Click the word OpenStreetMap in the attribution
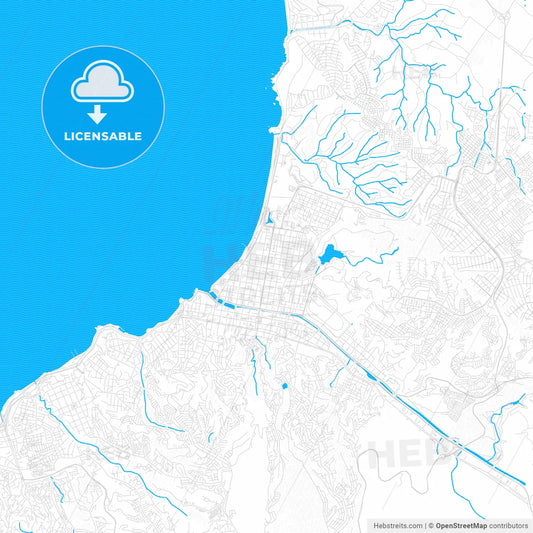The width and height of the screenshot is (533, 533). point(461,524)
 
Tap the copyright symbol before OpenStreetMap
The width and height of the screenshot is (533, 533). point(431,524)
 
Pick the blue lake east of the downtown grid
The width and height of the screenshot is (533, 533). point(328,258)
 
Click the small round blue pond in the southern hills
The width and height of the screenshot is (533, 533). point(284,385)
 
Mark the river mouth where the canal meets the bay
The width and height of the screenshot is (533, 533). point(213,293)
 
